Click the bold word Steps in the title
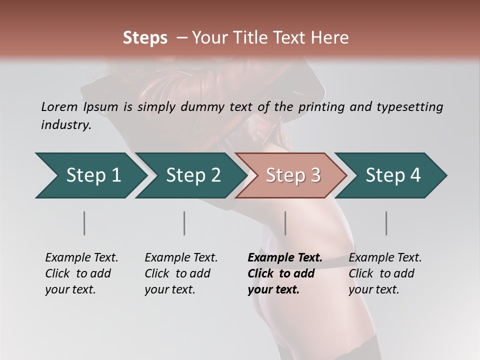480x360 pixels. click(145, 38)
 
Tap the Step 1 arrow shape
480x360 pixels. click(90, 175)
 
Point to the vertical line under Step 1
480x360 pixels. click(84, 223)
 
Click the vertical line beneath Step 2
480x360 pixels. click(184, 223)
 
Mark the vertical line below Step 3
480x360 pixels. click(285, 223)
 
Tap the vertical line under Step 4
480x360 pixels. click(386, 223)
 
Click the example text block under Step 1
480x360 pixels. click(81, 273)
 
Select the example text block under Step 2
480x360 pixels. click(181, 273)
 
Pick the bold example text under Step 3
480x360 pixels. click(284, 273)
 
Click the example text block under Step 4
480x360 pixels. click(385, 273)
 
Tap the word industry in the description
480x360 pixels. click(66, 124)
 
